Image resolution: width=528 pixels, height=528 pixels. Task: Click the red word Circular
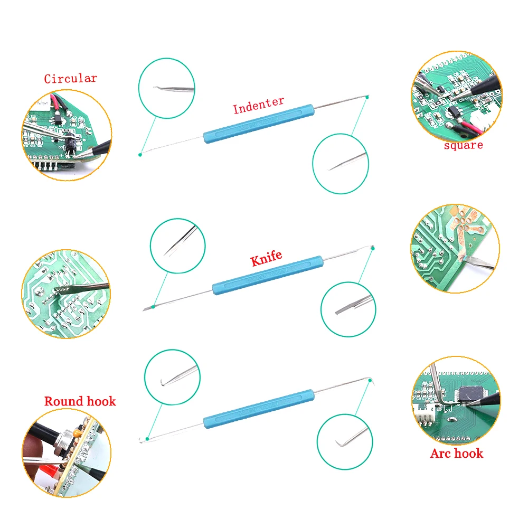point(70,79)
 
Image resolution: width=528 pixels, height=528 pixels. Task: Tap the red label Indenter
point(258,105)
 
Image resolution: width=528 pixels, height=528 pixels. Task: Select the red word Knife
point(266,258)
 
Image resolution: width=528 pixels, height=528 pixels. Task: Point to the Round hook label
point(80,401)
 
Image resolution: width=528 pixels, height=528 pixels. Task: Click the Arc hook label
point(456,453)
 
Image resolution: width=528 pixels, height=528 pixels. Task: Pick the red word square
point(463,145)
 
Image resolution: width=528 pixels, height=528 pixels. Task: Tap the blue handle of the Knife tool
point(267,275)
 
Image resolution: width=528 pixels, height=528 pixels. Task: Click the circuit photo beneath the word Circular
point(67,135)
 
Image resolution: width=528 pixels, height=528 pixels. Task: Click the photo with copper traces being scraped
point(455,249)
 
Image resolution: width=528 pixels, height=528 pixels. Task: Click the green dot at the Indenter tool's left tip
point(140,154)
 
